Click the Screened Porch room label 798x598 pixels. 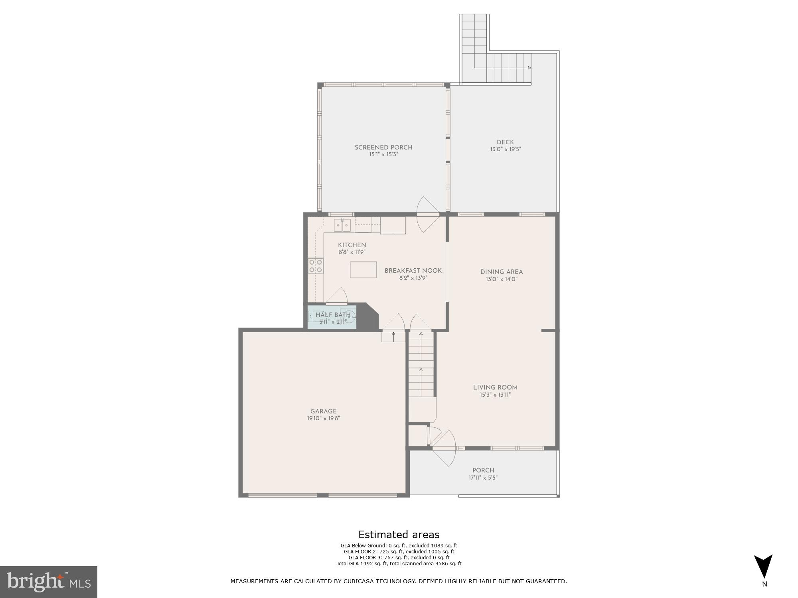(x=383, y=148)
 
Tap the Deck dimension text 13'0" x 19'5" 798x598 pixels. (x=506, y=149)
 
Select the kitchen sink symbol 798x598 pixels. (x=342, y=225)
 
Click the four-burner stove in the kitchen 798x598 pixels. (x=316, y=266)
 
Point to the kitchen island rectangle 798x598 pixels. (x=363, y=269)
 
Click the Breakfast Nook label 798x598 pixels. (x=413, y=271)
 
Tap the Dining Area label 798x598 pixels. (x=501, y=272)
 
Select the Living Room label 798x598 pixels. (x=495, y=388)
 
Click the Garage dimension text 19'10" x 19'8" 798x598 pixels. (x=323, y=419)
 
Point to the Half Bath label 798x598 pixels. (x=333, y=315)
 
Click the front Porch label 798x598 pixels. (x=483, y=470)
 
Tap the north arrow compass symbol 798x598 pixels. (x=763, y=567)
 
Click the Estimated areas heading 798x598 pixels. (x=399, y=535)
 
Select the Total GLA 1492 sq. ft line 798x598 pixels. (x=399, y=564)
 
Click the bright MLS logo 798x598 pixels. (x=48, y=582)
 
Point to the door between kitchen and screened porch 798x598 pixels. (x=428, y=215)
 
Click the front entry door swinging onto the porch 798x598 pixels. (x=444, y=448)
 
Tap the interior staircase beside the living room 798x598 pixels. (x=421, y=365)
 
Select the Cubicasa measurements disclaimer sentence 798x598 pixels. (x=399, y=581)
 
